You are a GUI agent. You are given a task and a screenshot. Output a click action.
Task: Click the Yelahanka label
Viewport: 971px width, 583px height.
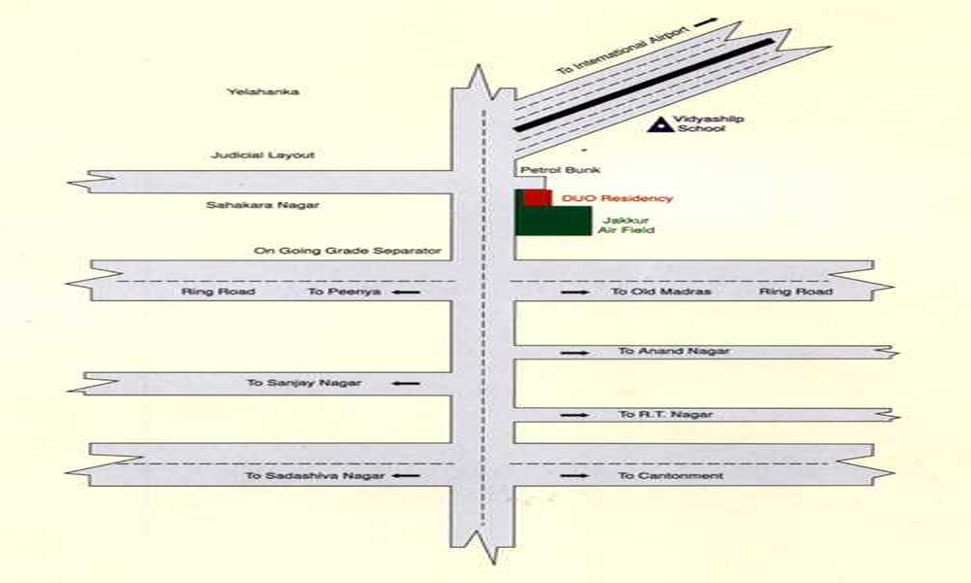click(262, 91)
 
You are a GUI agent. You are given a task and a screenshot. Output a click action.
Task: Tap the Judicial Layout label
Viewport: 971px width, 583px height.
click(262, 154)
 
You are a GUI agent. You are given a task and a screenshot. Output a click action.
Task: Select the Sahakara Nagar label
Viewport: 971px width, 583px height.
click(262, 204)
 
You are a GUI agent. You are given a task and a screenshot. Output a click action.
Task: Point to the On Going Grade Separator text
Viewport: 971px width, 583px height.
click(348, 251)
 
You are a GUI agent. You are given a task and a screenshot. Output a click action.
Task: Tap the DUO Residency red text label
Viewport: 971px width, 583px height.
click(617, 198)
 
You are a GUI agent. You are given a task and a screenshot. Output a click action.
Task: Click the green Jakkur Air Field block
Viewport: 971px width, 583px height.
click(553, 221)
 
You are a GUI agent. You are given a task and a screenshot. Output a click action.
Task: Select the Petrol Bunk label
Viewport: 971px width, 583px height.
click(560, 170)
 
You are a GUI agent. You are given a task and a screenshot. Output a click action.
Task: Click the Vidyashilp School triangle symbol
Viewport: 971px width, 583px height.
click(660, 125)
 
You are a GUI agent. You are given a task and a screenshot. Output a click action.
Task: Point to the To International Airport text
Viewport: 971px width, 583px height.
click(623, 50)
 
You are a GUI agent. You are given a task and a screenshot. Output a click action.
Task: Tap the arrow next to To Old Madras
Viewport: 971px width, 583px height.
click(575, 291)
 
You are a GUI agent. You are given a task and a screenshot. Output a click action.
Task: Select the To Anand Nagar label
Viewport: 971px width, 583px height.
click(674, 352)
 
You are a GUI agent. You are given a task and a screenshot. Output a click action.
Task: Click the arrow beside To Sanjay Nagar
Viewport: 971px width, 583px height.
click(406, 384)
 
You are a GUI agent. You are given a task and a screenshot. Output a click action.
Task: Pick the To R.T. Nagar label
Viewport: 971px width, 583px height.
click(666, 415)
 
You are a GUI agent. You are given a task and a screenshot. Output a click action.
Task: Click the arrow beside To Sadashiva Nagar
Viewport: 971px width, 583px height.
click(406, 476)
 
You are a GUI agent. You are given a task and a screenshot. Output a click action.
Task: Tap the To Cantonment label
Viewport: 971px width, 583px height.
click(671, 476)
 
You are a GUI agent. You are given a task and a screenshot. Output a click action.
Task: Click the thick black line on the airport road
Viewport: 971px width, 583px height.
click(644, 85)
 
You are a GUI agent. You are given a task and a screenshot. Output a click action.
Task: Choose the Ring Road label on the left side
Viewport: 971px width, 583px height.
click(218, 291)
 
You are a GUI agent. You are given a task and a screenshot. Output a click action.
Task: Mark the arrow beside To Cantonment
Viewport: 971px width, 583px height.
click(575, 476)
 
